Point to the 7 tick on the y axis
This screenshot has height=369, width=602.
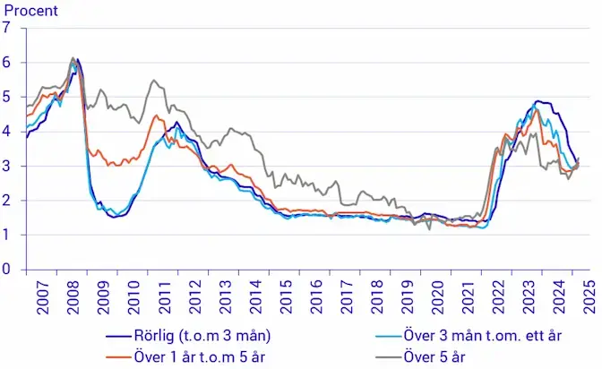[7, 27]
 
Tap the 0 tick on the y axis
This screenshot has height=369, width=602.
[7, 270]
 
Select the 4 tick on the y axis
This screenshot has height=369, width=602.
[7, 131]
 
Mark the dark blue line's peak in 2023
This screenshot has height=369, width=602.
[539, 101]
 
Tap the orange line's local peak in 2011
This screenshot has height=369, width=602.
[157, 115]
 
